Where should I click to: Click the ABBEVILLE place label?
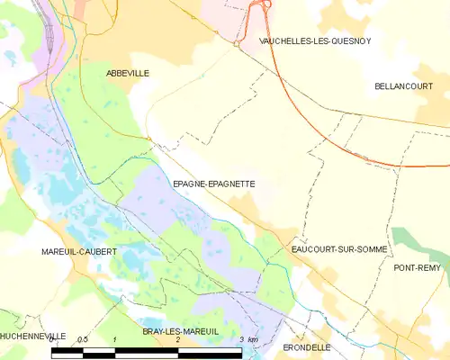tap(127, 72)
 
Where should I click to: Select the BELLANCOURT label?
tap(404, 85)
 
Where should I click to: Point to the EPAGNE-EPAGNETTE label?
tap(213, 184)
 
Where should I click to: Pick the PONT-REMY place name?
tap(420, 268)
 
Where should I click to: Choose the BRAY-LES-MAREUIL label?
tap(181, 331)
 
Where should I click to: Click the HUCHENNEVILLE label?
tap(33, 335)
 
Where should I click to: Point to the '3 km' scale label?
tap(248, 339)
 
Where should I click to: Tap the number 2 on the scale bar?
tap(178, 339)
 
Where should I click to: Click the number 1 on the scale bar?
tap(115, 339)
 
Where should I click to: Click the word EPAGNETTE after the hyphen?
tap(231, 184)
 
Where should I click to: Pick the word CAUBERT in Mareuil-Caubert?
tap(98, 252)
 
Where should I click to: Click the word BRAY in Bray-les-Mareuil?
tap(154, 331)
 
